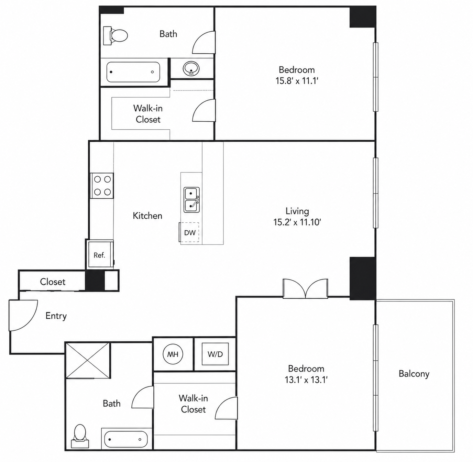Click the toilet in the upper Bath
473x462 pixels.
115,36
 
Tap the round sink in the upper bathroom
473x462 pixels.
191,68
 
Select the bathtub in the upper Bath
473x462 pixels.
133,72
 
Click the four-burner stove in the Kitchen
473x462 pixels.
102,186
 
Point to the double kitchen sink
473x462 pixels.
191,200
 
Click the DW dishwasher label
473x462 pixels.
190,233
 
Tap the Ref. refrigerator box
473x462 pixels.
100,254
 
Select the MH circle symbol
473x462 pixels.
173,354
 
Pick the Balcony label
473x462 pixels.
414,374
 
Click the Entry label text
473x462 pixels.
56,316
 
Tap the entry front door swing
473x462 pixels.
23,315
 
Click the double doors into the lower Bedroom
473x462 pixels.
305,288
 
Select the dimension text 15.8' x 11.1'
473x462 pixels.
297,80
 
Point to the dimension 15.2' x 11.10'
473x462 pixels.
297,222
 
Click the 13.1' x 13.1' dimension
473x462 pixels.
306,379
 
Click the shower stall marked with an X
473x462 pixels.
88,360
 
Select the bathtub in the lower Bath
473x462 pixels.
126,439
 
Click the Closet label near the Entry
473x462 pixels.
53,282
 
